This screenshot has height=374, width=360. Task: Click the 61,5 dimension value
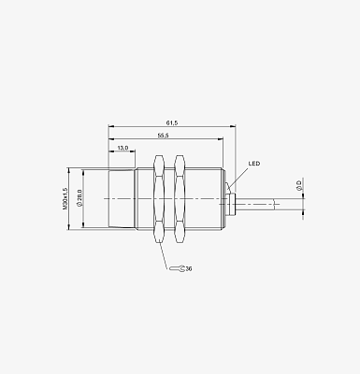pos(172,123)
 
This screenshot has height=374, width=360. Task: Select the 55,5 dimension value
pos(163,136)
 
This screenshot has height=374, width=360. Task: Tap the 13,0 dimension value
pos(122,148)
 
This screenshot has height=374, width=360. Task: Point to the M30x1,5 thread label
pos(65,198)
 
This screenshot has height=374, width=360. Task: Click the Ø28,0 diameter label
pos(79,198)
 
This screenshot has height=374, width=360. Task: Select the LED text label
pos(254,164)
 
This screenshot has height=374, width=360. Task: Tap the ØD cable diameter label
pos(299,185)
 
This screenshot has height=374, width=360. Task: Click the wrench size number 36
pos(189,268)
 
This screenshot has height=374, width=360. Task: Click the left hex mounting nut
pos(159,199)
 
